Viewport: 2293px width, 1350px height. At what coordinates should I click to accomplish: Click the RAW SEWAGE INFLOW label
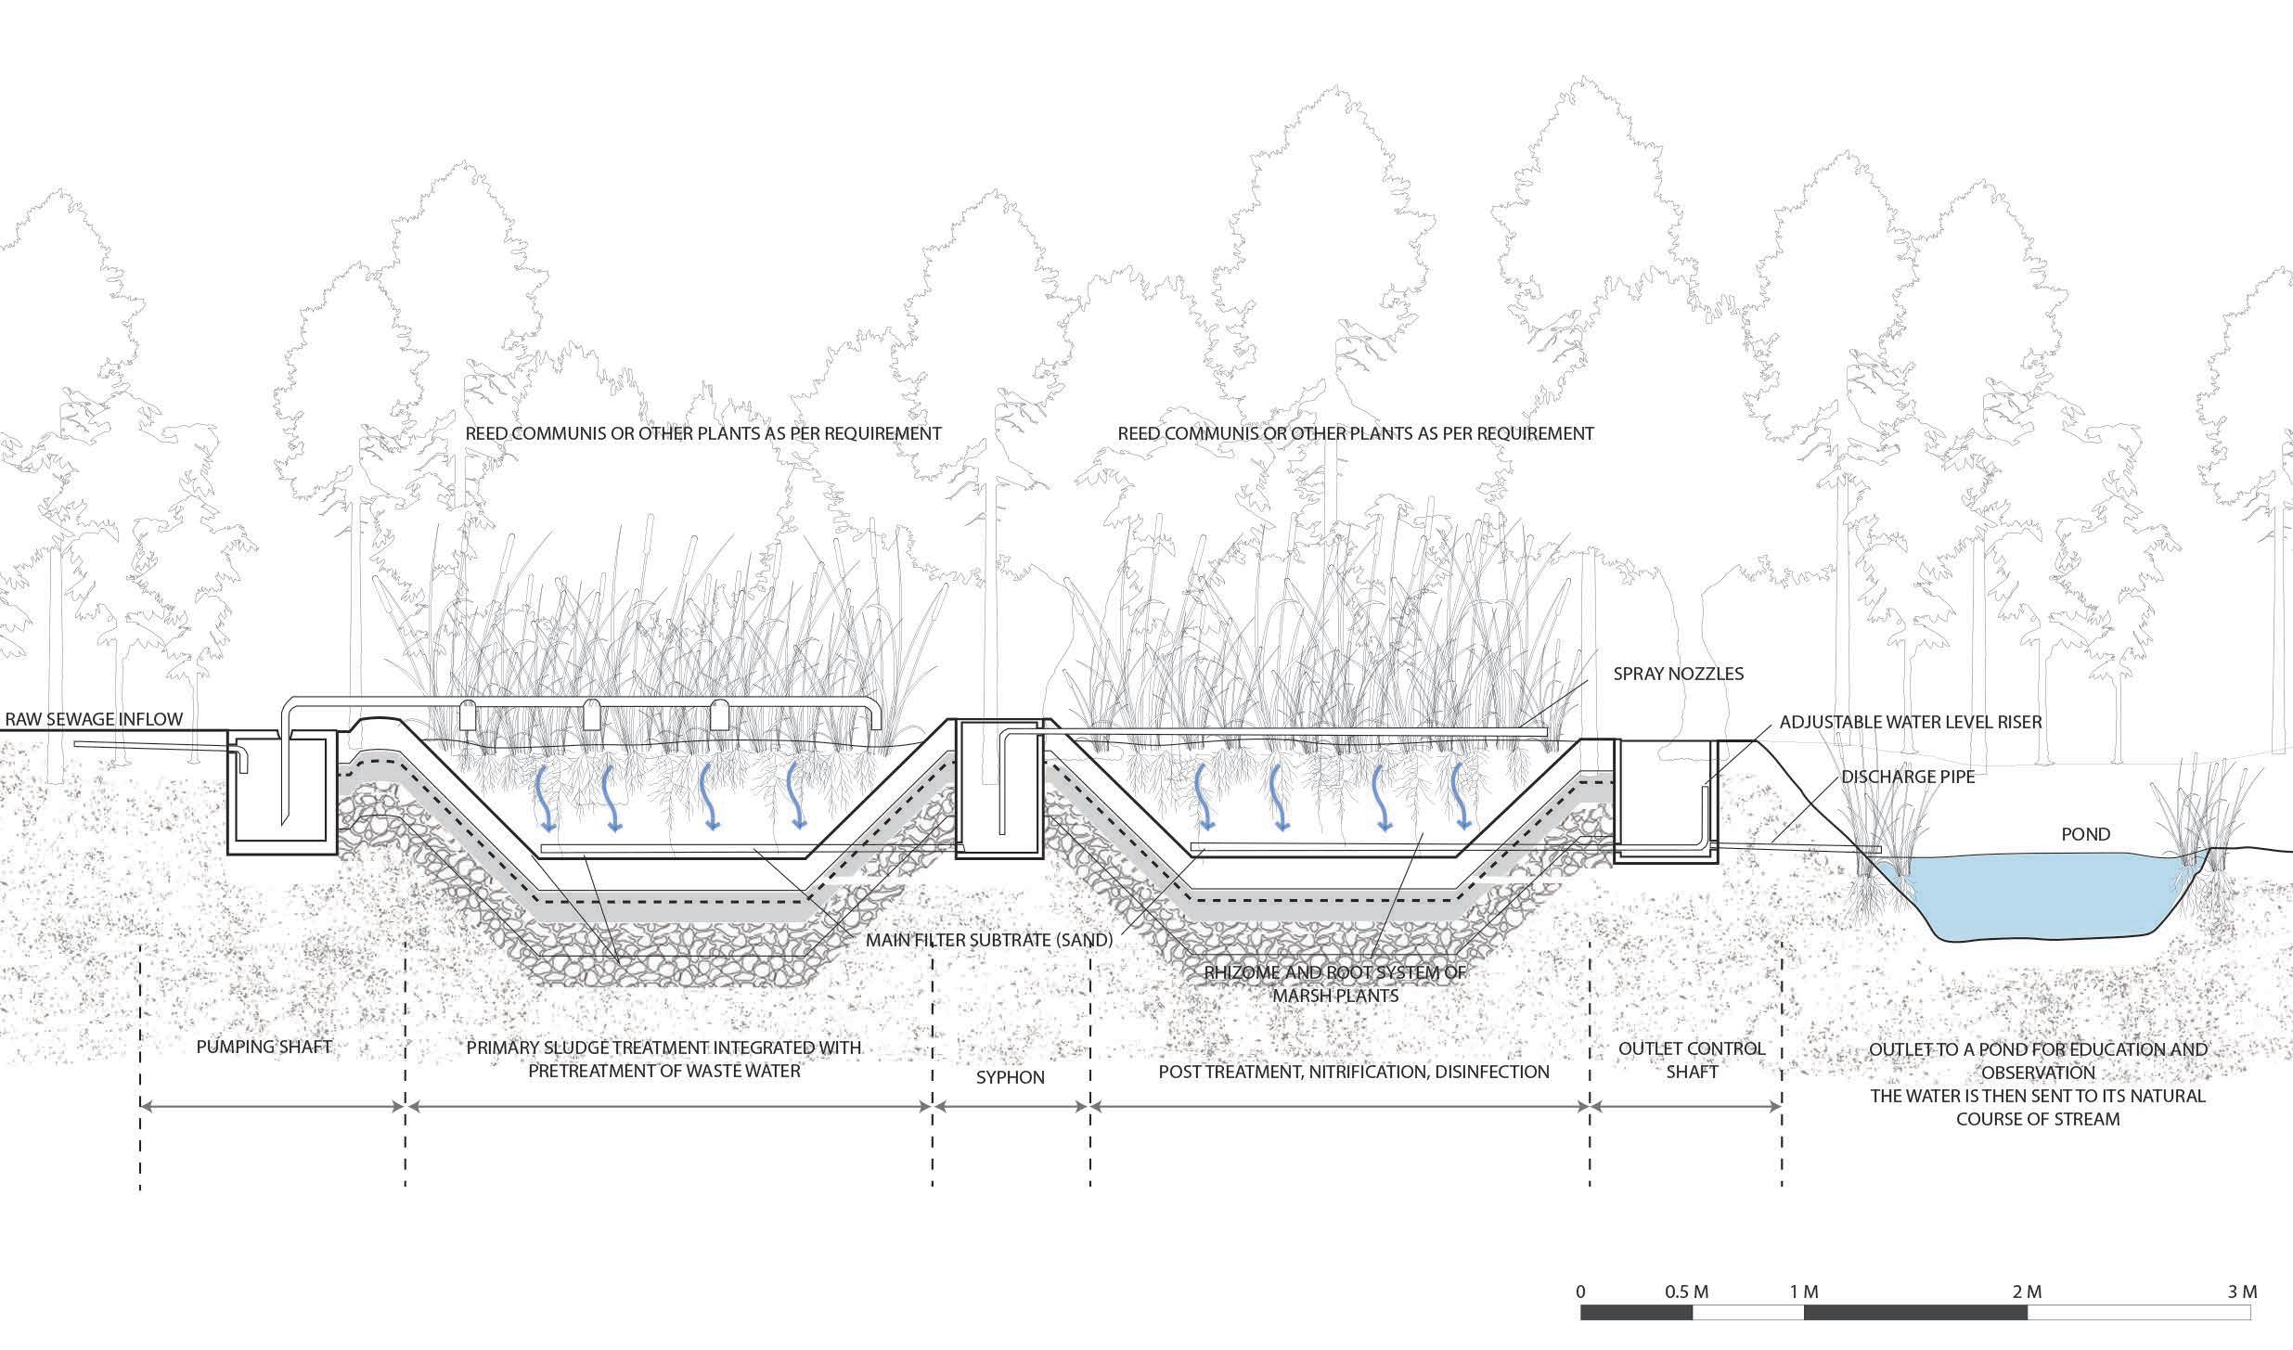94,719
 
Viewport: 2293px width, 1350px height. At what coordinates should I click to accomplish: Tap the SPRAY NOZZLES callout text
1678,675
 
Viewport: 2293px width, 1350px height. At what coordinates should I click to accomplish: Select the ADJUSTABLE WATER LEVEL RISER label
1911,722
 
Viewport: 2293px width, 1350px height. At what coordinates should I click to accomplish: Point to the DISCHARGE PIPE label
1908,777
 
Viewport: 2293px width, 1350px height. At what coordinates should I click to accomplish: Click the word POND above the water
2085,834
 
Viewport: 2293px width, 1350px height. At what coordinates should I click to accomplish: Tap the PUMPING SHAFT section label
264,1048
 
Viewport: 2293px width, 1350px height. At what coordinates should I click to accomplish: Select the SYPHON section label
1010,1077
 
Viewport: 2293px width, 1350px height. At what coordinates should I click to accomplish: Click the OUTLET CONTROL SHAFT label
1691,1060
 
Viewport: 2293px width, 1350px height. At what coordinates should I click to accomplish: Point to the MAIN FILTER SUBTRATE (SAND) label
989,940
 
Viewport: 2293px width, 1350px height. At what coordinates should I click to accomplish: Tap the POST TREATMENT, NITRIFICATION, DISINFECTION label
1354,1072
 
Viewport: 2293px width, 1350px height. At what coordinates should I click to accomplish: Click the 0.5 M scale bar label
1686,1292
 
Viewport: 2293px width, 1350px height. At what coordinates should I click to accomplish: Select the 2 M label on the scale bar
2027,1292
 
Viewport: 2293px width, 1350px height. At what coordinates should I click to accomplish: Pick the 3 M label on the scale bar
2242,1292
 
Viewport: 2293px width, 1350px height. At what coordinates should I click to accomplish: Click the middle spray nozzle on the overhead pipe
591,715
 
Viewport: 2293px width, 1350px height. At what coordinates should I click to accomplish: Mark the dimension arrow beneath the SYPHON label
1011,1106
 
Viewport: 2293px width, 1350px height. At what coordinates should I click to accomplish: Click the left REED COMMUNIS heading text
702,433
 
